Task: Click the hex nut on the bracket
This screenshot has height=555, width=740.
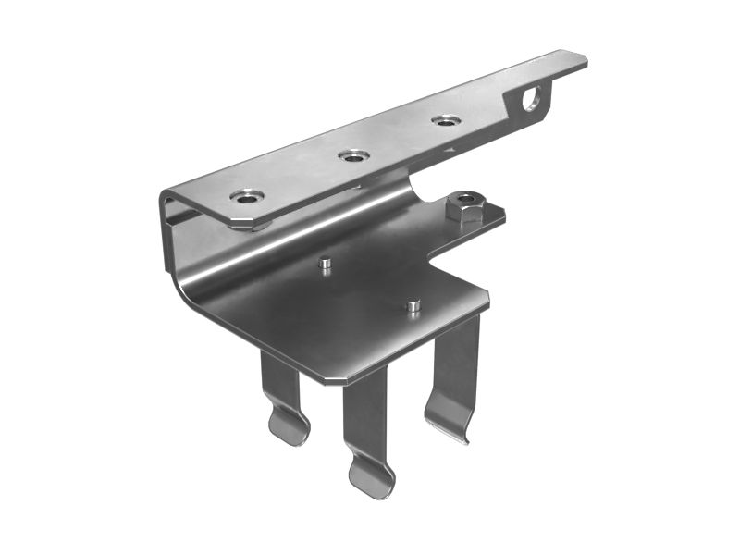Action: point(465,207)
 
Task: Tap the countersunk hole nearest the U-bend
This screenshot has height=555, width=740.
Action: point(247,196)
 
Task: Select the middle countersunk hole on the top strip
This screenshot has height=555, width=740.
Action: point(352,155)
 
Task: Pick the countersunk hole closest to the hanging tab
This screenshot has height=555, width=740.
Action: point(446,120)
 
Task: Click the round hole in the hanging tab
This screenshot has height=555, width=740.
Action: point(532,97)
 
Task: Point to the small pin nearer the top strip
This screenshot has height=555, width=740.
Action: point(325,265)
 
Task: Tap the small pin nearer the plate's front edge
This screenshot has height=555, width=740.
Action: point(413,304)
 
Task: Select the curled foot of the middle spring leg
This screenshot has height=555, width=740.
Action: point(371,476)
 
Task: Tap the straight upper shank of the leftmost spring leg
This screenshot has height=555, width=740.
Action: point(277,379)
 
